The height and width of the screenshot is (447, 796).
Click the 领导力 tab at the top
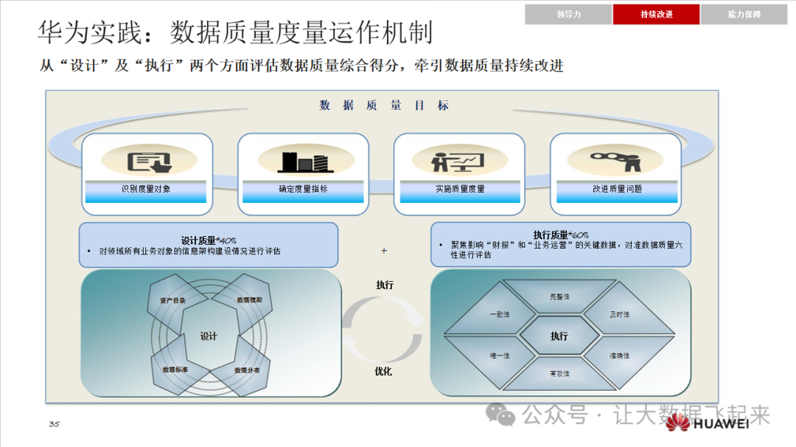(568, 14)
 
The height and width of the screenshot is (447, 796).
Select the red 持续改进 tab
(656, 14)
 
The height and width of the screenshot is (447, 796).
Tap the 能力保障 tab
(744, 14)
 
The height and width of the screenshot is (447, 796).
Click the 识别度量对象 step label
(146, 189)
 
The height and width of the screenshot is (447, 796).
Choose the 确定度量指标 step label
(303, 189)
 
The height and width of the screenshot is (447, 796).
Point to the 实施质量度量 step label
(459, 189)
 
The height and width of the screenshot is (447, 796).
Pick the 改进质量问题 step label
(616, 189)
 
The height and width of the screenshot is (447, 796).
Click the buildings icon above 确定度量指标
(302, 161)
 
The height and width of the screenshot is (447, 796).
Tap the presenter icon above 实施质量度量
(458, 160)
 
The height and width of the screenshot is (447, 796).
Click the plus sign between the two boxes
(384, 251)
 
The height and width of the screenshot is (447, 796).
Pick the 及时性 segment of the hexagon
(619, 315)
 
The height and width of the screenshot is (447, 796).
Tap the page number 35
(54, 424)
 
